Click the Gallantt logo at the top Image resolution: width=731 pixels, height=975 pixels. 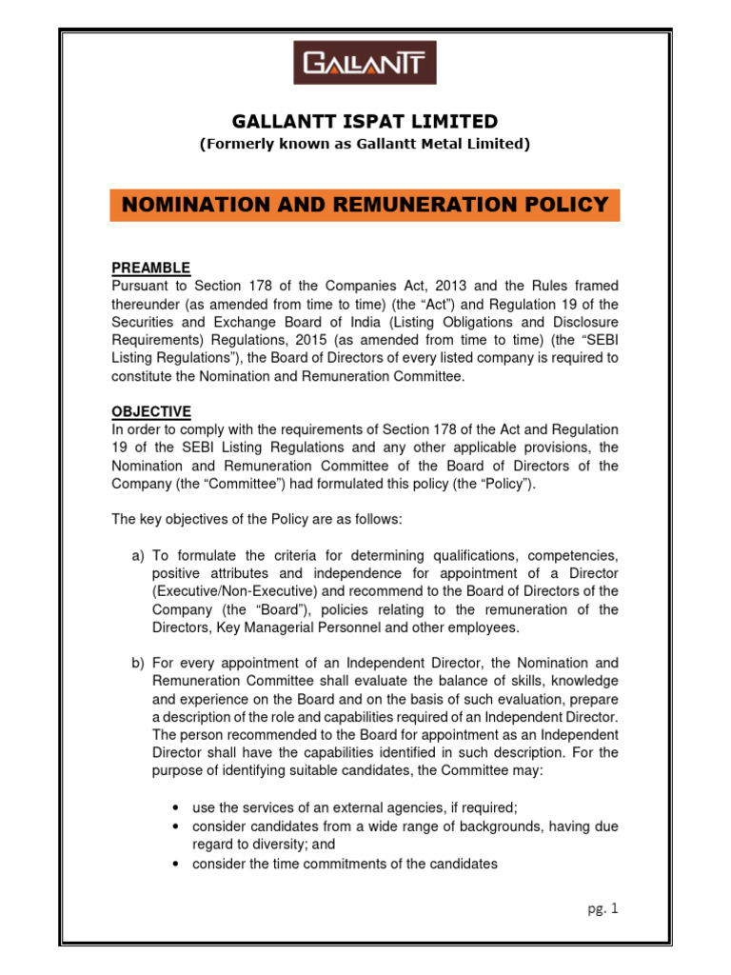[365, 65]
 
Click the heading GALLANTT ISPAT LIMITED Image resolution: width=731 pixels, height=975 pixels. [365, 121]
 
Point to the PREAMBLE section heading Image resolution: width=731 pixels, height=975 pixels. [150, 268]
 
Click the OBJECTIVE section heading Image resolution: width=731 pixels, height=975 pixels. [151, 412]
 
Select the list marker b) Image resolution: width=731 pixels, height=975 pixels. [138, 663]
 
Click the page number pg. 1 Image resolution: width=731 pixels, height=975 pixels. [602, 909]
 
